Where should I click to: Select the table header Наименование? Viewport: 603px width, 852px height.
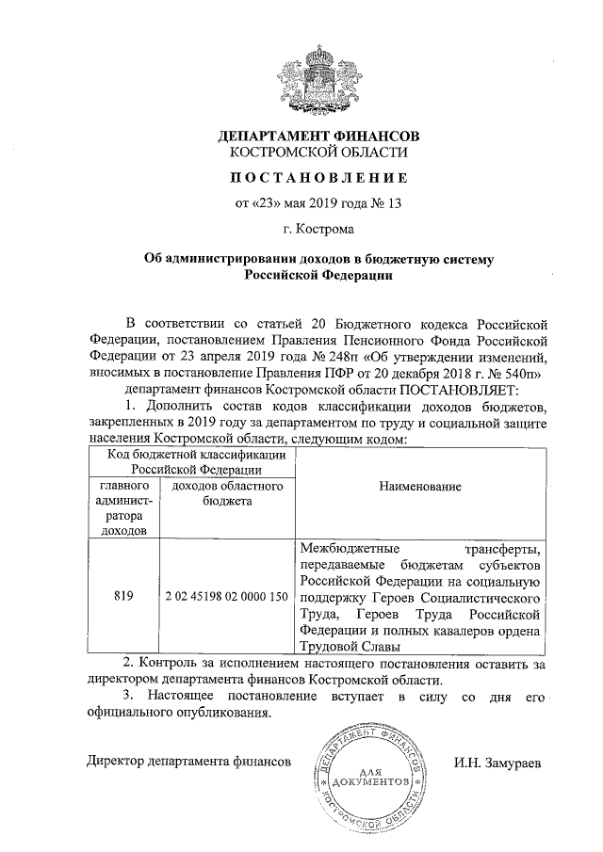tap(421, 487)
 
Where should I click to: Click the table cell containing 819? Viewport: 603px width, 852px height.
tap(122, 596)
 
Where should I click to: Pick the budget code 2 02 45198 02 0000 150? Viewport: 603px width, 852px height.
tap(225, 596)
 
